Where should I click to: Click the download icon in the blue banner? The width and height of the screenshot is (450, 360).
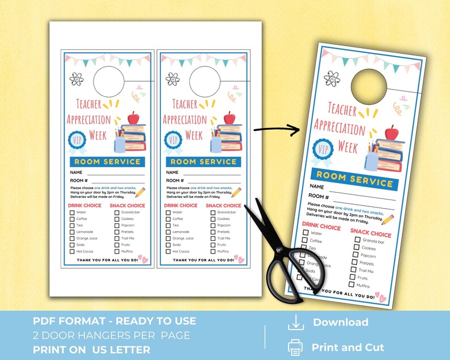click(x=296, y=323)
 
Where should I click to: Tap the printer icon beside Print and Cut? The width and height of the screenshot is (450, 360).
click(x=296, y=347)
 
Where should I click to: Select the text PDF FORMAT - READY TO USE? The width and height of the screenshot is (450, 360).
click(x=114, y=321)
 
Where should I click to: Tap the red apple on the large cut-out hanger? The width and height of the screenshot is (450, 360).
click(x=392, y=134)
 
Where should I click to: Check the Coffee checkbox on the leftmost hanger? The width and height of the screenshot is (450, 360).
click(x=72, y=219)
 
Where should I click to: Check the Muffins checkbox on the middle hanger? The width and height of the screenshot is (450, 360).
click(x=213, y=251)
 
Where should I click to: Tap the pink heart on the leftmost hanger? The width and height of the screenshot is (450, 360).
click(x=144, y=259)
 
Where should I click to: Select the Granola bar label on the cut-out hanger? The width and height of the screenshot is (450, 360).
click(x=373, y=242)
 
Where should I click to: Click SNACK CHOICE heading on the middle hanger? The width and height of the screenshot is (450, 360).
click(x=223, y=205)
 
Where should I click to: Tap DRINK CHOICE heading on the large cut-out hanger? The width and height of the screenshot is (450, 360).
click(x=322, y=227)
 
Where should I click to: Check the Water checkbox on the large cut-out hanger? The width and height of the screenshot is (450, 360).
click(x=306, y=232)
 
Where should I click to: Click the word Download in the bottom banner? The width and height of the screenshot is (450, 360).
click(x=340, y=323)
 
